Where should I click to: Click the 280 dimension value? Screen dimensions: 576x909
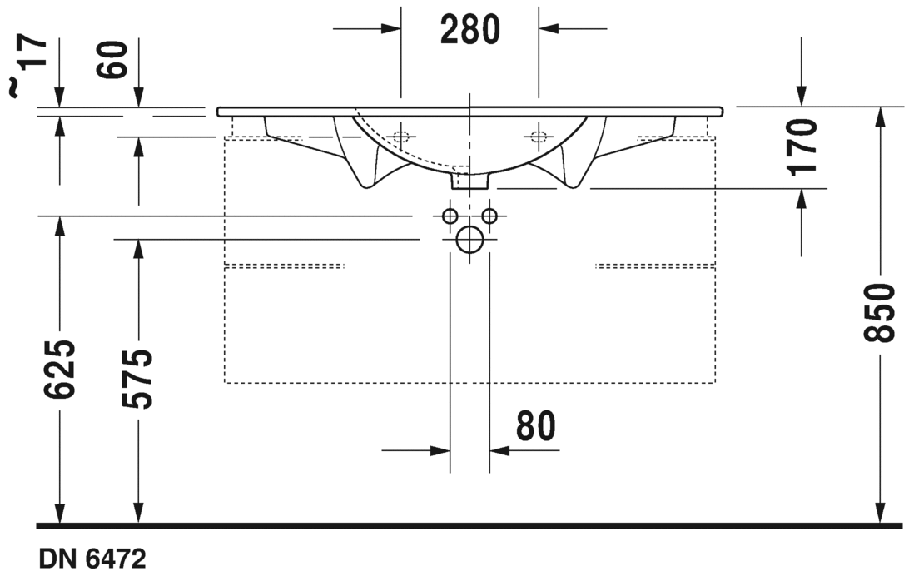coord(469,31)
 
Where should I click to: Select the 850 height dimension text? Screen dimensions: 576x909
coord(879,312)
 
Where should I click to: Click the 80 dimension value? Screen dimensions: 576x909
coord(535,426)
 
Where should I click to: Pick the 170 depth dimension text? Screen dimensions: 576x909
coord(803,146)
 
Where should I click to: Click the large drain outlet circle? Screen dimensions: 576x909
coord(469,240)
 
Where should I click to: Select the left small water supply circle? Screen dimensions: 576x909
coord(450,216)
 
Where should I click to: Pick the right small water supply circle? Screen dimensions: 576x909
coord(489,216)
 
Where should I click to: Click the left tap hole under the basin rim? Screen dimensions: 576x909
coord(401,136)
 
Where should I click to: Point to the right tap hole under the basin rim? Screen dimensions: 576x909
coord(539,136)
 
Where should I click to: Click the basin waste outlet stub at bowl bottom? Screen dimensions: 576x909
coord(469,178)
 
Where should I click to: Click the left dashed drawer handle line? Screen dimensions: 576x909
coord(285,266)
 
